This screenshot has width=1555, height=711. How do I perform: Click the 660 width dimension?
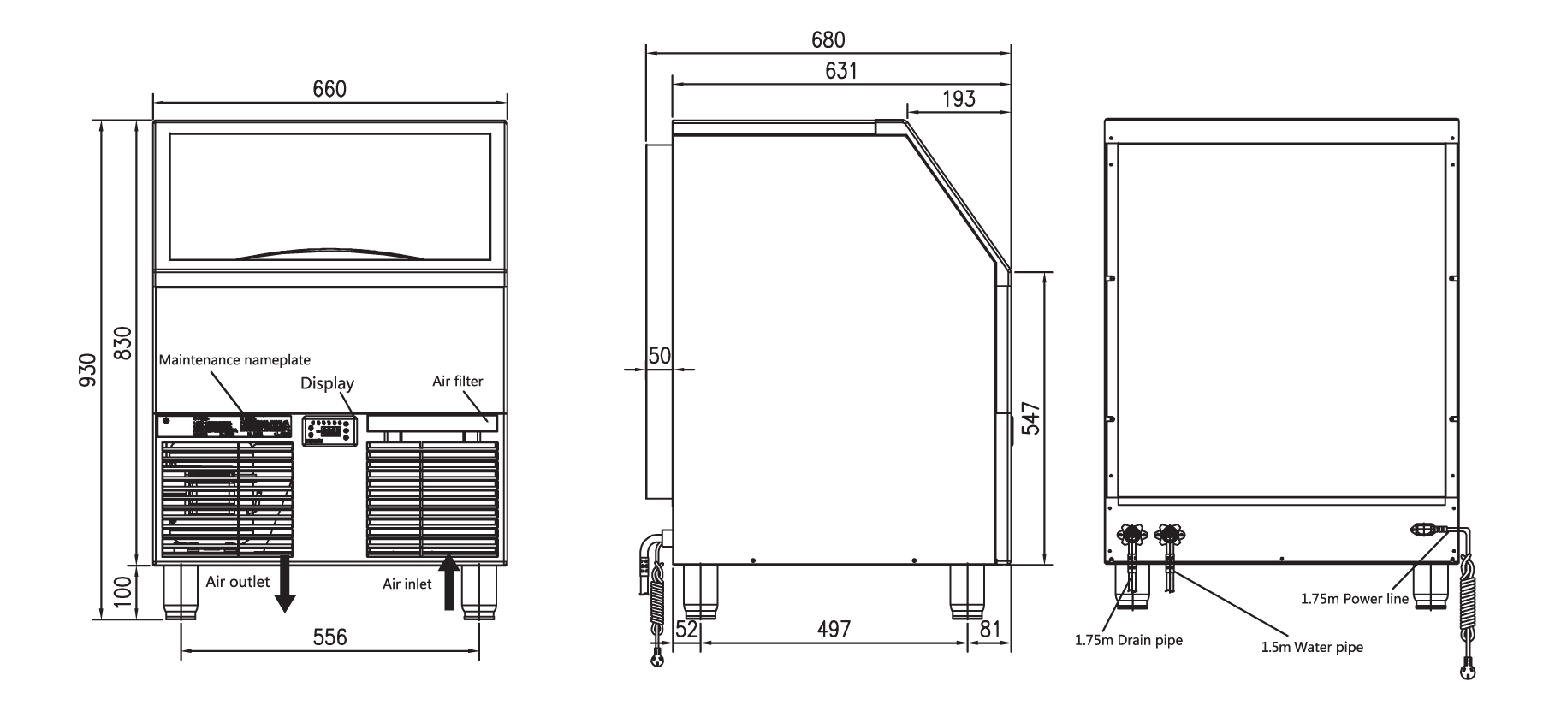click(x=329, y=90)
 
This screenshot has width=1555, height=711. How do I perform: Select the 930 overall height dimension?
click(x=87, y=370)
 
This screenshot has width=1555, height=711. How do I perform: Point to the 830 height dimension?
click(x=122, y=343)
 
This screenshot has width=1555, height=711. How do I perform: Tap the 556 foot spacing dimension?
click(x=329, y=637)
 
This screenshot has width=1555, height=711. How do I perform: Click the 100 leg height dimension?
click(x=122, y=591)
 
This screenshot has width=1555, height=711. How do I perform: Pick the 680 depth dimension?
click(x=828, y=40)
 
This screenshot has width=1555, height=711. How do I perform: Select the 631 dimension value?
click(x=840, y=71)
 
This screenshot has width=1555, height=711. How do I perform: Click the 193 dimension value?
click(x=959, y=99)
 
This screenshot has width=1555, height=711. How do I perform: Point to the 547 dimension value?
click(x=1032, y=418)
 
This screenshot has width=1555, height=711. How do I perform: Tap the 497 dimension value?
click(x=834, y=630)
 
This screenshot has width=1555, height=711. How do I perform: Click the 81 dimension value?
click(x=989, y=630)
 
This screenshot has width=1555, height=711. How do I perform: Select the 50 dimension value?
click(x=659, y=356)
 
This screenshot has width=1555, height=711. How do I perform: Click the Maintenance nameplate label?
click(x=234, y=360)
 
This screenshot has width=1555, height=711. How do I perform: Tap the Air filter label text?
click(x=457, y=381)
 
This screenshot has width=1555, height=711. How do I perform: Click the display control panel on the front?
click(x=328, y=430)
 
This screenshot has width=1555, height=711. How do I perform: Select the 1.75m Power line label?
click(x=1354, y=599)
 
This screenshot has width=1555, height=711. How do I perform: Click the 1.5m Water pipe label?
click(x=1311, y=648)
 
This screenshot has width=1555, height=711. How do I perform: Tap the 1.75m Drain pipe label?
click(x=1129, y=640)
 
